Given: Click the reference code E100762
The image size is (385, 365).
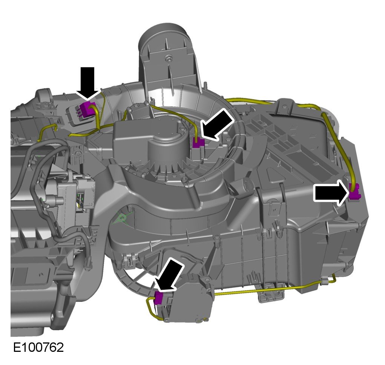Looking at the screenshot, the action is tap(38, 347).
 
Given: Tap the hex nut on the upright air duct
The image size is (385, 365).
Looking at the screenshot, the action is tap(169, 58).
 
